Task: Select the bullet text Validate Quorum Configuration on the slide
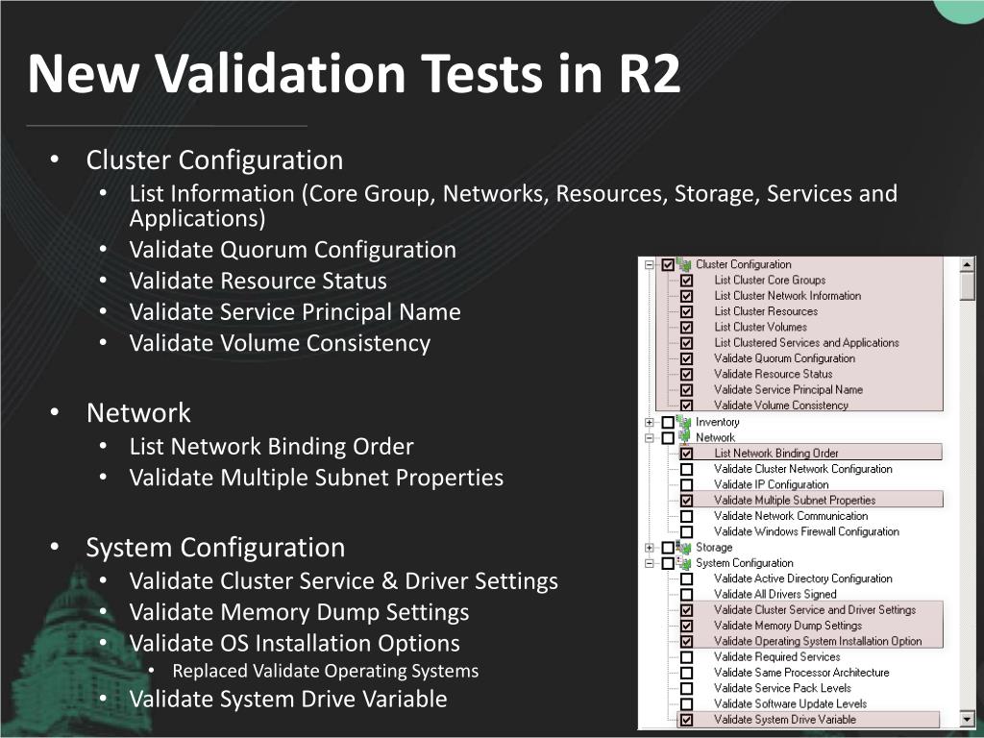[292, 250]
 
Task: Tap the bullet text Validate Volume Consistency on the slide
[280, 343]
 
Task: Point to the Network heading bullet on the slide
[138, 413]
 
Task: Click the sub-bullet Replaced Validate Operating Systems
[325, 671]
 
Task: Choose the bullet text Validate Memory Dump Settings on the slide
[300, 612]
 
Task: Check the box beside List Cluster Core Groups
[686, 281]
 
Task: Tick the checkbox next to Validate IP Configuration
[686, 485]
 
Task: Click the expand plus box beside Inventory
[650, 423]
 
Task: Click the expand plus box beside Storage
[650, 548]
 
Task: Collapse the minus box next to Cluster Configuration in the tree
[650, 265]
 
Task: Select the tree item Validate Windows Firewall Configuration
[806, 531]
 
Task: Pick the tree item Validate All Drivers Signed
[775, 594]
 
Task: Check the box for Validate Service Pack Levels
[686, 688]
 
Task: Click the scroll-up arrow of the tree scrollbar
[967, 265]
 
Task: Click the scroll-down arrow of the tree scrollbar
[967, 719]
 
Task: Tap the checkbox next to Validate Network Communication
[686, 516]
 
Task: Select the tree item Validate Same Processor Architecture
[801, 673]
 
